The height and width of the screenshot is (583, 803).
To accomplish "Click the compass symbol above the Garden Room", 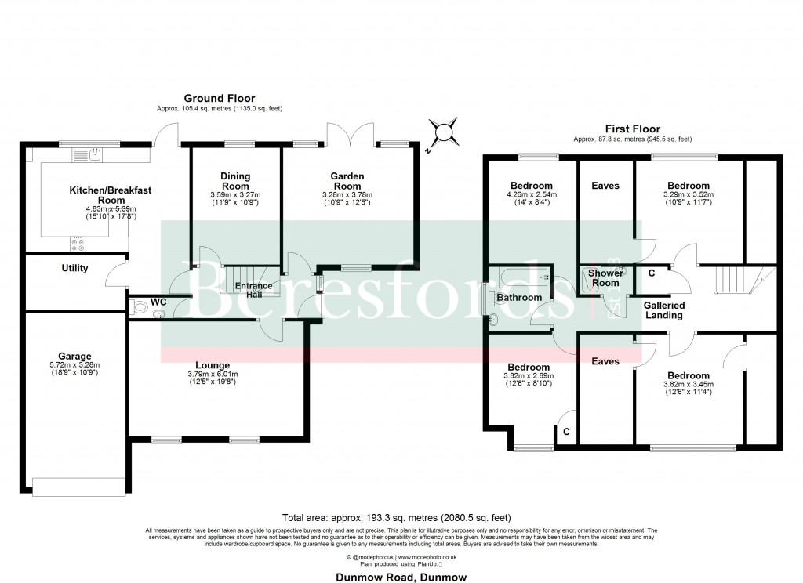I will tap(445, 130).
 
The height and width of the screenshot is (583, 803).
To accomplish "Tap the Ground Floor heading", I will tap(209, 98).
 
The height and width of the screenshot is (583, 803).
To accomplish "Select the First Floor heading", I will tap(632, 129).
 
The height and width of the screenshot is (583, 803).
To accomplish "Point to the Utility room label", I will tap(75, 268).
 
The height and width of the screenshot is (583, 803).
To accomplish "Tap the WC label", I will tap(158, 301).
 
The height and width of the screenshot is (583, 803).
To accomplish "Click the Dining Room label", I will tap(235, 181).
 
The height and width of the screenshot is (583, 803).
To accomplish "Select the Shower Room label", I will tap(605, 278).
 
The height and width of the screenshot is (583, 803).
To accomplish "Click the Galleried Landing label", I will tap(664, 310).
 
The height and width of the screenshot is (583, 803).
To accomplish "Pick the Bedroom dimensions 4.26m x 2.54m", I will tap(530, 195).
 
